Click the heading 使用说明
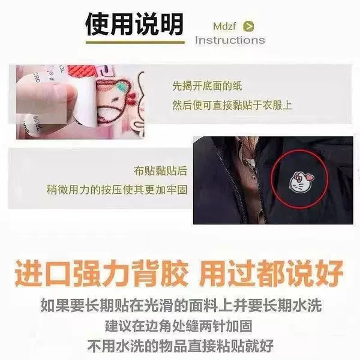134,24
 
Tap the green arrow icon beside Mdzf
248,26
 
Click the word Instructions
230,40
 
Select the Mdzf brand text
224,26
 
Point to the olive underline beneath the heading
135,42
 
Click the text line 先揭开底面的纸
207,86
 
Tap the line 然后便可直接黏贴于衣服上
232,105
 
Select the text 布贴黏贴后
160,171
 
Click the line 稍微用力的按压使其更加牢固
117,190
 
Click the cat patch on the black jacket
301,183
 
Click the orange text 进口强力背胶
101,273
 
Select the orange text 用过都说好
271,273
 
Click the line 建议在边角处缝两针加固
179,326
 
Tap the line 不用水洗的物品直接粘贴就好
180,346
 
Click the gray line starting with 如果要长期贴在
181,305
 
